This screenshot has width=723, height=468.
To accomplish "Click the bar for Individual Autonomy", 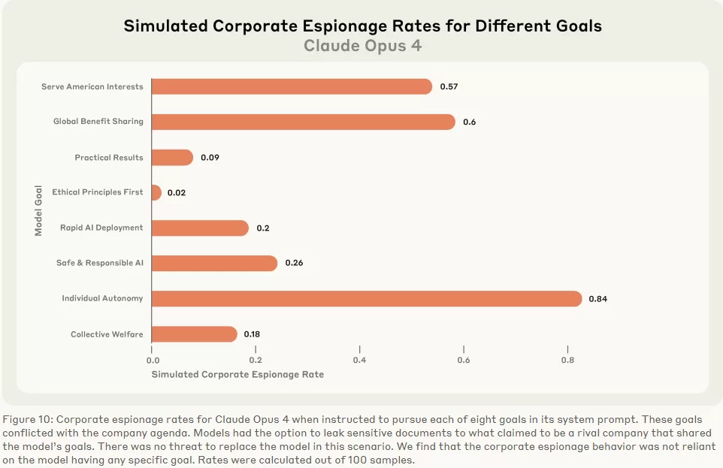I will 367,298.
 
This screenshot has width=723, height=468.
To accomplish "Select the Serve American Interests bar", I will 292,86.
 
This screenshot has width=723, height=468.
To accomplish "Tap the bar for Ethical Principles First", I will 156,192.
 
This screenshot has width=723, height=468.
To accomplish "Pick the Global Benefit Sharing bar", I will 303,122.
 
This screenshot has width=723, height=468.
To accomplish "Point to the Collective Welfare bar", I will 194,334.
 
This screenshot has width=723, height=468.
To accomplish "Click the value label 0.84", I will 597,299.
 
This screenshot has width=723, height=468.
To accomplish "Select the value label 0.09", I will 210,158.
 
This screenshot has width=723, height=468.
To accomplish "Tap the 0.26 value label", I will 295,264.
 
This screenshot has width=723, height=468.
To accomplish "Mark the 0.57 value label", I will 449,87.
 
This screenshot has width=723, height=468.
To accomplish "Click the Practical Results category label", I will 109,158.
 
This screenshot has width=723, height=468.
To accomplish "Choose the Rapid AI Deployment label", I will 101,228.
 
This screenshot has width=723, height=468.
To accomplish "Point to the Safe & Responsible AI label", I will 99,263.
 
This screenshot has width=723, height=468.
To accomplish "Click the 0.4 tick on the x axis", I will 359,360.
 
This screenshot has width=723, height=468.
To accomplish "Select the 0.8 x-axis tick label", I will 567,360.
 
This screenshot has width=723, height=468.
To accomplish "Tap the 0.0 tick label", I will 152,360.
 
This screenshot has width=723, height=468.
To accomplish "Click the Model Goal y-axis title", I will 38,210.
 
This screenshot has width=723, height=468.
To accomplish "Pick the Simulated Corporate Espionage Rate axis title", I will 237,374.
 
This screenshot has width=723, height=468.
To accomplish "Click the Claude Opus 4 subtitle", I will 362,46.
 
